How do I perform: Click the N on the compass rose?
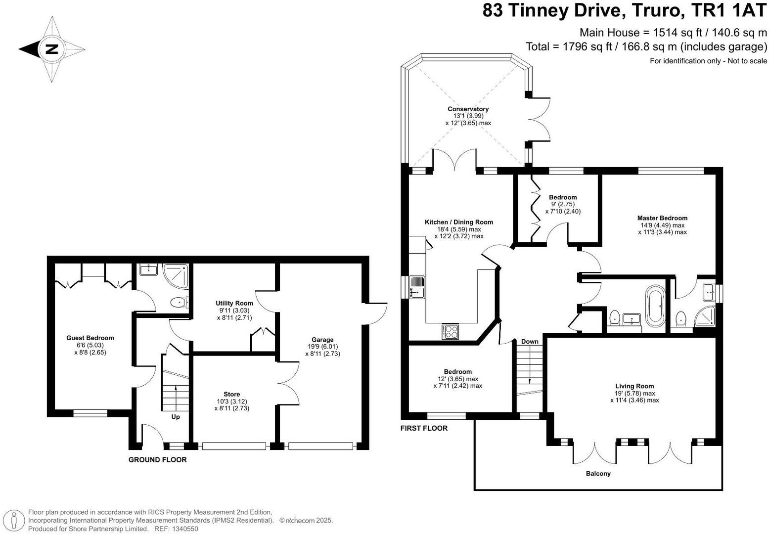(x=51, y=49)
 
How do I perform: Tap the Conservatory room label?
(x=468, y=109)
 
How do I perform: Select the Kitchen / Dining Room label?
(x=458, y=222)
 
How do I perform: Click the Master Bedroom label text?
(x=662, y=218)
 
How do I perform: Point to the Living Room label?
(x=634, y=386)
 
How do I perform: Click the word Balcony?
(x=598, y=474)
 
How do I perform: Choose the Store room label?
(x=231, y=394)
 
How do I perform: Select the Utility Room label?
(x=234, y=303)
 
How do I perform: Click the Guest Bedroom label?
(x=90, y=338)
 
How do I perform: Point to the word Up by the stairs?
(x=175, y=417)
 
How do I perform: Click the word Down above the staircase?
(x=529, y=342)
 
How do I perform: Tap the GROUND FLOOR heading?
(x=157, y=460)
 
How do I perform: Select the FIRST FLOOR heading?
(x=423, y=428)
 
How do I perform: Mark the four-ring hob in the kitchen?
(x=450, y=331)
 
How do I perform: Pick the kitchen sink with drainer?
(x=416, y=287)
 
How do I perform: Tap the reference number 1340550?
(x=183, y=529)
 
